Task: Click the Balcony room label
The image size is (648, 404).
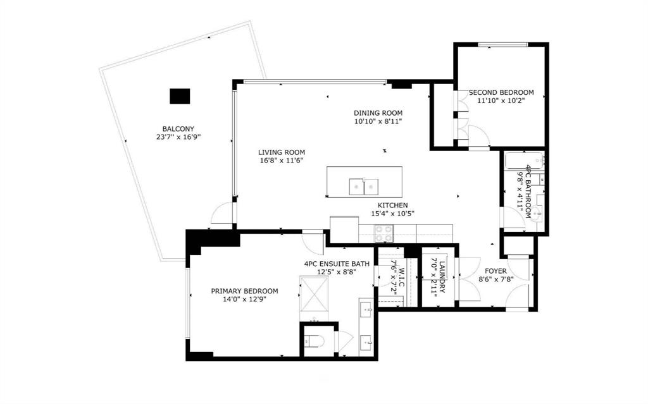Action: coord(178,129)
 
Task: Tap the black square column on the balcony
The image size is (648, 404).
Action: coord(180,96)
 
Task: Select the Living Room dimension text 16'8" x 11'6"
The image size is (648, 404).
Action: coord(282,161)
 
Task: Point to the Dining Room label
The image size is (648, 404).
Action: coord(378,113)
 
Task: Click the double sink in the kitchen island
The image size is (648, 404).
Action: coord(364,187)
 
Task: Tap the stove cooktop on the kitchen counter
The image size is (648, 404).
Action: coord(384,233)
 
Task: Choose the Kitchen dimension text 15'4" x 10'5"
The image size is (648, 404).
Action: coord(392,214)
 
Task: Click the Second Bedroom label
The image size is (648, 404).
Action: coord(501,92)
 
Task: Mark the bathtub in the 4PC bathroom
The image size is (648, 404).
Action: coord(523,161)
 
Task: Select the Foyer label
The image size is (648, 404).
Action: coord(495,271)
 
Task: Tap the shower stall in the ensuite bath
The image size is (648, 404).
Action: coord(314,294)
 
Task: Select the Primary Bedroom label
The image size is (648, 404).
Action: coord(244,291)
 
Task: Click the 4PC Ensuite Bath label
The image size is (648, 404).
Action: coord(337,264)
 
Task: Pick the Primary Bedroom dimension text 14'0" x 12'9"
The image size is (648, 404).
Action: coord(244,299)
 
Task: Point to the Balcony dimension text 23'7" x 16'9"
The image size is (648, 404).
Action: coord(178,137)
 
